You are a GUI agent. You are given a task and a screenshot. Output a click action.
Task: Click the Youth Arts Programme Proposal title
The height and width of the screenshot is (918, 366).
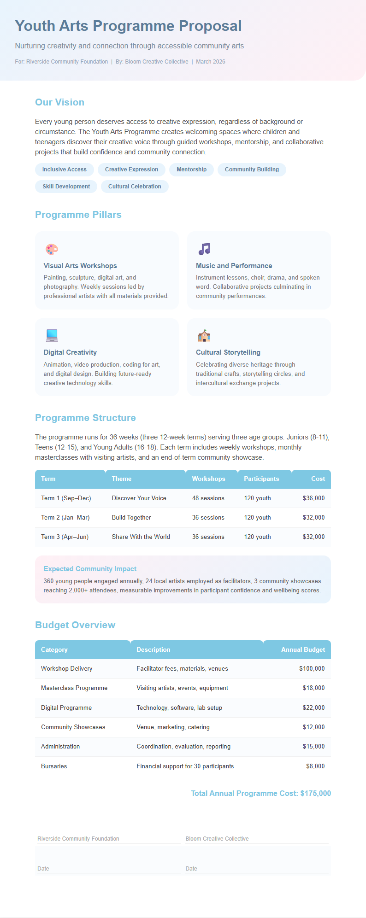[x=128, y=26]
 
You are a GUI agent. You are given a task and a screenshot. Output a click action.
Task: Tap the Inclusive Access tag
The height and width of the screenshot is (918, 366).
[x=65, y=170]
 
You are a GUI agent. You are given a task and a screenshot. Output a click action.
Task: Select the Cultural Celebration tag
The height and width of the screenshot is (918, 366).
[x=135, y=187]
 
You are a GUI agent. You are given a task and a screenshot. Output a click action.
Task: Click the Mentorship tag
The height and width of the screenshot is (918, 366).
[x=191, y=170]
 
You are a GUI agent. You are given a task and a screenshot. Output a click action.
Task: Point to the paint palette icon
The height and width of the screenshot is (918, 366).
[x=52, y=249]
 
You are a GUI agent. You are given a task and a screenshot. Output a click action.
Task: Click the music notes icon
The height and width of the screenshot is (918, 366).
[x=204, y=249]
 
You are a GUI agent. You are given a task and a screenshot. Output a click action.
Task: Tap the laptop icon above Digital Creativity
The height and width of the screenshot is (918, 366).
[x=52, y=335]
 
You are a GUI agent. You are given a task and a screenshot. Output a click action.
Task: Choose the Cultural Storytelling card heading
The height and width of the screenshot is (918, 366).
[x=228, y=352]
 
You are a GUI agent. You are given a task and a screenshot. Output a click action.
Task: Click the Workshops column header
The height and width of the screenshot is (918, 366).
[x=208, y=479]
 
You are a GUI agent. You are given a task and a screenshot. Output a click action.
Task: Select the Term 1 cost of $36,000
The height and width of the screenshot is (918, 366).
[x=313, y=498]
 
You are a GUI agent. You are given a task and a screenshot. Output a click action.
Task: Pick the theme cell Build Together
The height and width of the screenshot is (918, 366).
[x=131, y=518]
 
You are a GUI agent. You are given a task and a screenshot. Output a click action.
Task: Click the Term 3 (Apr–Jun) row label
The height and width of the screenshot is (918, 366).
[x=65, y=537]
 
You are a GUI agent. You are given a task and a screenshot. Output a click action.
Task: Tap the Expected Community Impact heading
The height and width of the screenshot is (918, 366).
[x=90, y=569]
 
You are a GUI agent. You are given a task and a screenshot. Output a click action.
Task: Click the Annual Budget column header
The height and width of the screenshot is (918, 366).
[x=303, y=650]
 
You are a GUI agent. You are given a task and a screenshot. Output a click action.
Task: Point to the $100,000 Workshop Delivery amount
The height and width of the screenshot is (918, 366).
[x=312, y=669]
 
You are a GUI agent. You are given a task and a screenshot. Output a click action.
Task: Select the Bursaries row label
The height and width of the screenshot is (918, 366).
[x=54, y=766]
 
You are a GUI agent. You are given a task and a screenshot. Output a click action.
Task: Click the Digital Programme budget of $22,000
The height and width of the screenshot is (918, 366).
[x=313, y=708]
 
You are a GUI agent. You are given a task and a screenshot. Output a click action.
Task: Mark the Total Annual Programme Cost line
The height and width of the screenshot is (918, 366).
[x=261, y=793]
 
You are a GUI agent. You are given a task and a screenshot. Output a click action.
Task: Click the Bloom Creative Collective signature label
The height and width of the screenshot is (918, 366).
[x=217, y=839]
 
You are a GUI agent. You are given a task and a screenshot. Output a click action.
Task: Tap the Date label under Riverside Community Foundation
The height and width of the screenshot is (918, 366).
[x=43, y=869]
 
